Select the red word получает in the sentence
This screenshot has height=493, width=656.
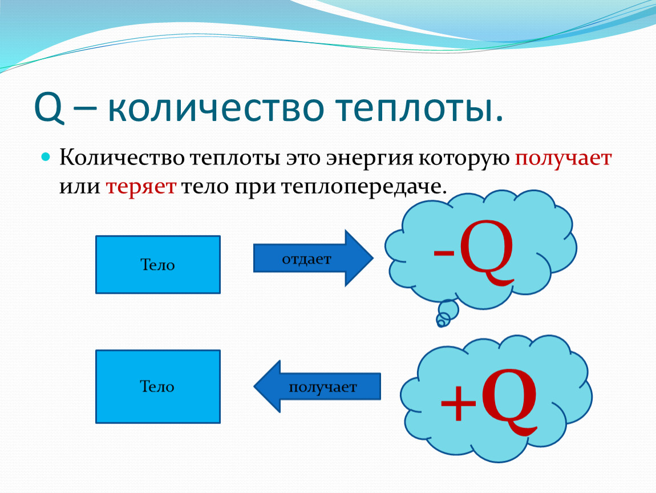pyautogui.click(x=563, y=159)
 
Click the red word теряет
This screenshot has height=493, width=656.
pyautogui.click(x=141, y=187)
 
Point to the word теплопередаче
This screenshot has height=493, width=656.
pyautogui.click(x=362, y=187)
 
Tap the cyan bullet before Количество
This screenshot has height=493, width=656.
pyautogui.click(x=46, y=157)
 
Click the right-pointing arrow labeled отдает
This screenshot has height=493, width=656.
pyautogui.click(x=313, y=258)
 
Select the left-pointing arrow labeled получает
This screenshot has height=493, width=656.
pyautogui.click(x=317, y=386)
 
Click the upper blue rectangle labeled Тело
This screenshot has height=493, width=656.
pyautogui.click(x=158, y=265)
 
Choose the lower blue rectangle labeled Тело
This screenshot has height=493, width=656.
pyautogui.click(x=158, y=387)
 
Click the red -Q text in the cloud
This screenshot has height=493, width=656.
pyautogui.click(x=473, y=253)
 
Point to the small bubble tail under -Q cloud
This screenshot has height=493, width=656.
pyautogui.click(x=447, y=313)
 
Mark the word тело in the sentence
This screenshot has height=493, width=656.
pyautogui.click(x=205, y=187)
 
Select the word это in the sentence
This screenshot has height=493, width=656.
pyautogui.click(x=303, y=159)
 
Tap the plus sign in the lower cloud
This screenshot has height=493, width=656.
pyautogui.click(x=459, y=403)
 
